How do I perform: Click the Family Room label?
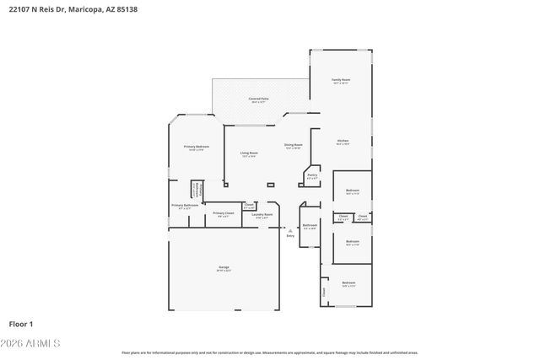(341, 80)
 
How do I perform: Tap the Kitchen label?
(343, 141)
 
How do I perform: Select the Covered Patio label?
(259, 99)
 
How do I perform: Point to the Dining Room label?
(293, 144)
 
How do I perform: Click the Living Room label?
(249, 153)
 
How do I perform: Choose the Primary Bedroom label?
(197, 146)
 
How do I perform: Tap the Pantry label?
(311, 175)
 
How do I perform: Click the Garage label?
(224, 267)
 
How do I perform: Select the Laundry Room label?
(262, 214)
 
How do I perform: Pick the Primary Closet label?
(223, 212)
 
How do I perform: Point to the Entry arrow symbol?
(290, 229)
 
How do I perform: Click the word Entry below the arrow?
(290, 236)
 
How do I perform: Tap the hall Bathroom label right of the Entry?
(310, 224)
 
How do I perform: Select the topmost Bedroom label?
(353, 191)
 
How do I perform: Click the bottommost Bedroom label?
(348, 282)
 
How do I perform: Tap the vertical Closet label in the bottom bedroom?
(323, 292)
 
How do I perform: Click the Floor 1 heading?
(21, 323)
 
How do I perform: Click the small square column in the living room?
(270, 185)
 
